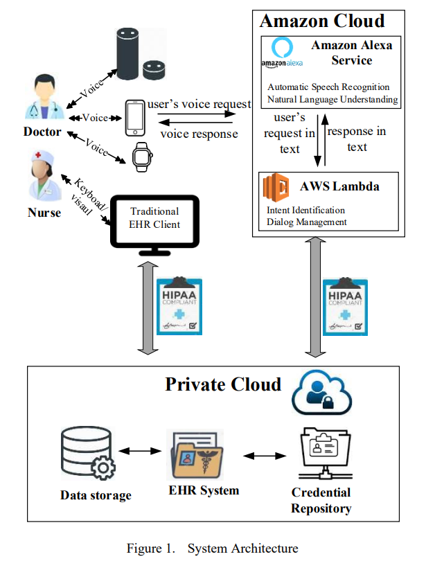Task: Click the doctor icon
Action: (x=42, y=98)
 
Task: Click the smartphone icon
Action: (x=134, y=118)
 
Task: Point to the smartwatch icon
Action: (x=141, y=157)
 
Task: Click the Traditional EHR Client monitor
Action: (x=154, y=220)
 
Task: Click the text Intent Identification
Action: (x=305, y=210)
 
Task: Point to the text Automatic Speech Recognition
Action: (x=328, y=87)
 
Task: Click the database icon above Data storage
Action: (x=87, y=454)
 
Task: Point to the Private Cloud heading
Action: (x=223, y=384)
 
